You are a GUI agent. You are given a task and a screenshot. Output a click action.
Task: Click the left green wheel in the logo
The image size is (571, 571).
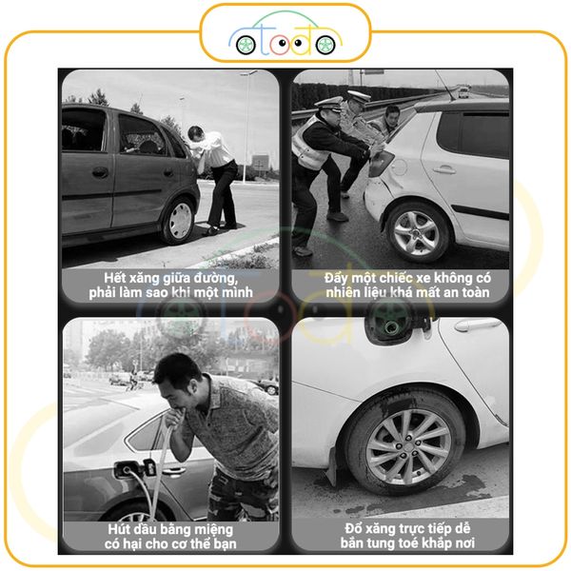point(246,45)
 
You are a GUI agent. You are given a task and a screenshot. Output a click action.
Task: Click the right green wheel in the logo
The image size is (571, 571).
point(325,45)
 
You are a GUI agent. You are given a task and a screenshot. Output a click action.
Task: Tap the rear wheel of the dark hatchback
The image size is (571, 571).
point(180,221)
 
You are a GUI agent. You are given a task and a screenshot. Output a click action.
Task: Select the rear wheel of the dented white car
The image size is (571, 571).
point(417,232)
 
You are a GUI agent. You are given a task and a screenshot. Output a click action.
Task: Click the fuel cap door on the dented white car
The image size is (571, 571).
point(399,167)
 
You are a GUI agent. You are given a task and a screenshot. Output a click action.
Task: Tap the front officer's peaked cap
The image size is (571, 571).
point(329,104)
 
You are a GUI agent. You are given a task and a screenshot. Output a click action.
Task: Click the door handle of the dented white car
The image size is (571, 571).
point(443,169)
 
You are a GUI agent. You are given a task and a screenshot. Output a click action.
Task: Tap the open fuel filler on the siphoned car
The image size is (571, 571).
point(126,470)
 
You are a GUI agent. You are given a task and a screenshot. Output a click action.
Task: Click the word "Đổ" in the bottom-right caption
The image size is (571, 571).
point(353,528)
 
